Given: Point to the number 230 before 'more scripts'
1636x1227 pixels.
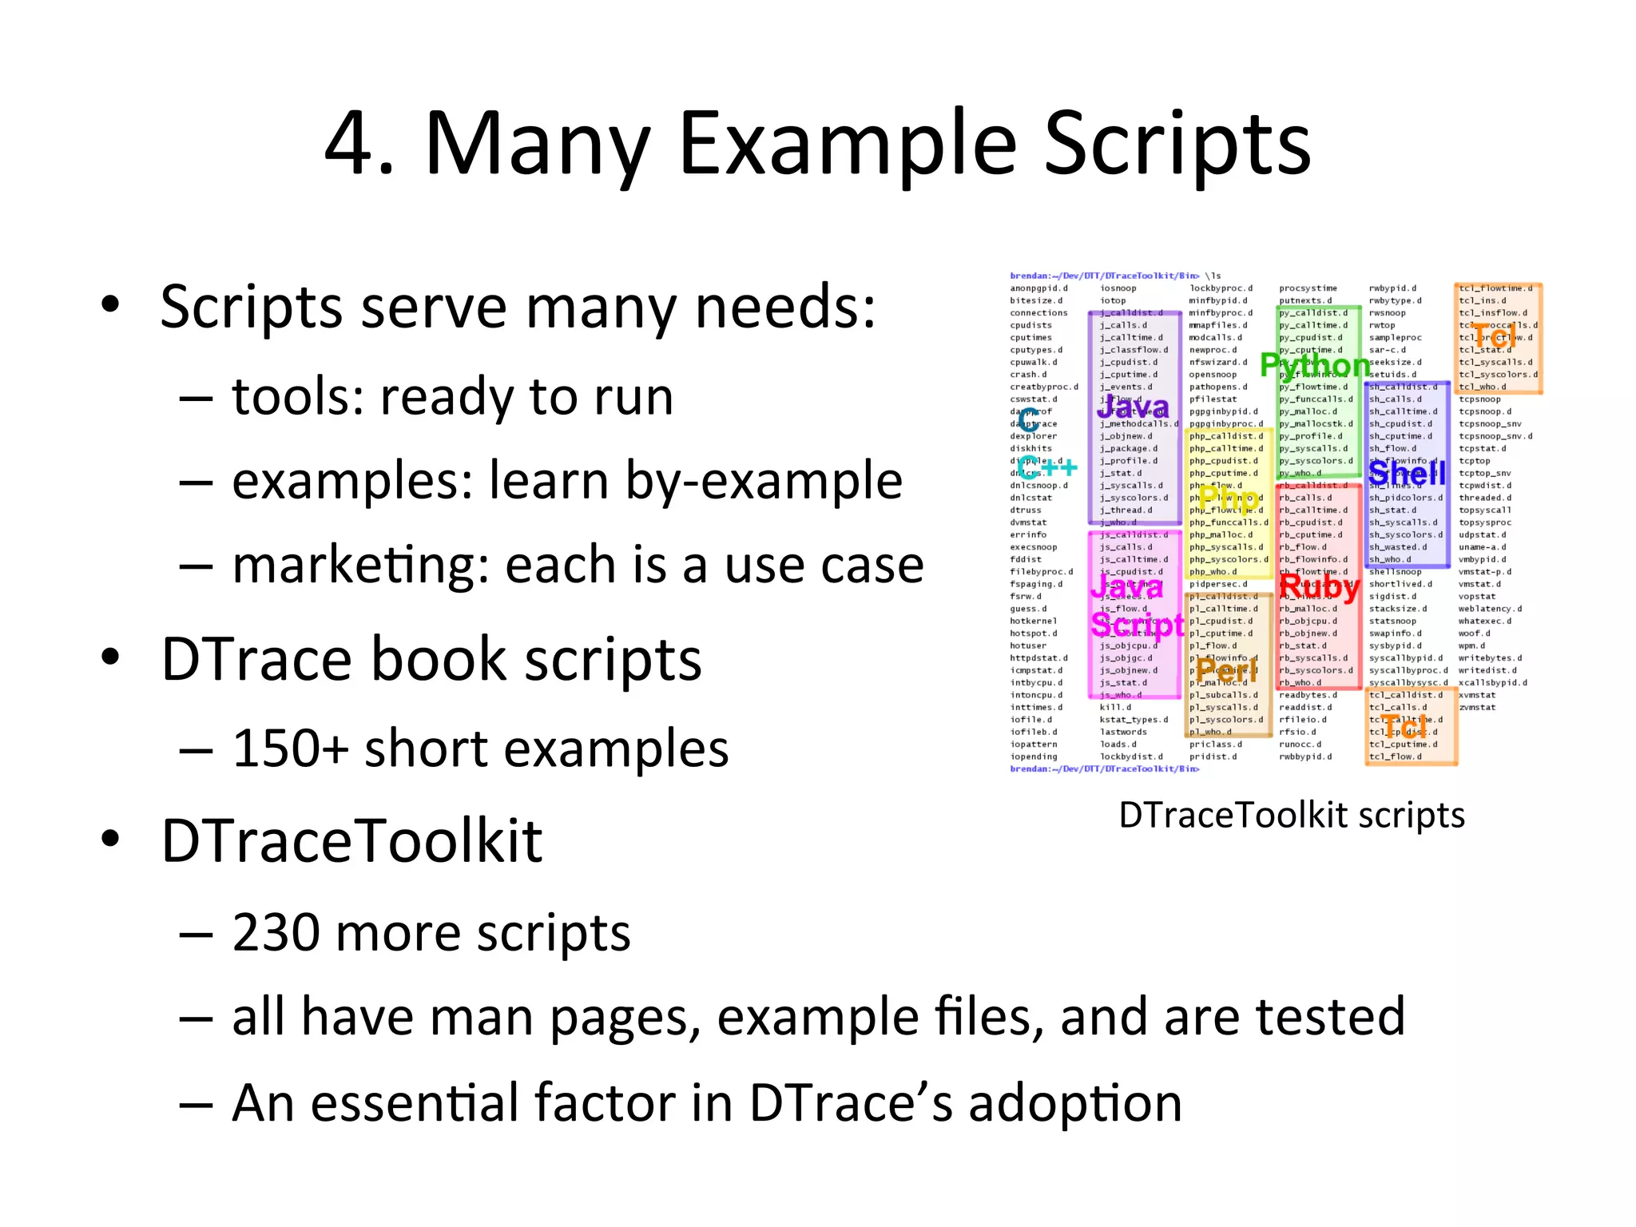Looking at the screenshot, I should pos(276,933).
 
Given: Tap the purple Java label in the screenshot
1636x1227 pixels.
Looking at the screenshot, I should pos(1132,407).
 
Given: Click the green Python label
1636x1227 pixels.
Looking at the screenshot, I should pos(1315,365).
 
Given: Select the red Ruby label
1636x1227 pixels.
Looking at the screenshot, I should pos(1320,587).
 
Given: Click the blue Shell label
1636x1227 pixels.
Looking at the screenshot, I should pos(1408,474).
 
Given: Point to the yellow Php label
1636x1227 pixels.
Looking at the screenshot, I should pos(1229,499).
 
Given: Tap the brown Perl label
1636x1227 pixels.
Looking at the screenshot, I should pos(1226,669).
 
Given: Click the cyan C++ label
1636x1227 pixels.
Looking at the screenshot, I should pos(1047,467).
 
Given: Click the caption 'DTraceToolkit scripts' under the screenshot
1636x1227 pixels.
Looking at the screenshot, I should pos(1292,816).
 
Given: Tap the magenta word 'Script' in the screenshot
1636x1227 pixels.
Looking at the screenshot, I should pos(1138,625).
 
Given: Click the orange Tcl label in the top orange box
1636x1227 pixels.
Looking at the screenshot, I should pos(1492,336).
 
